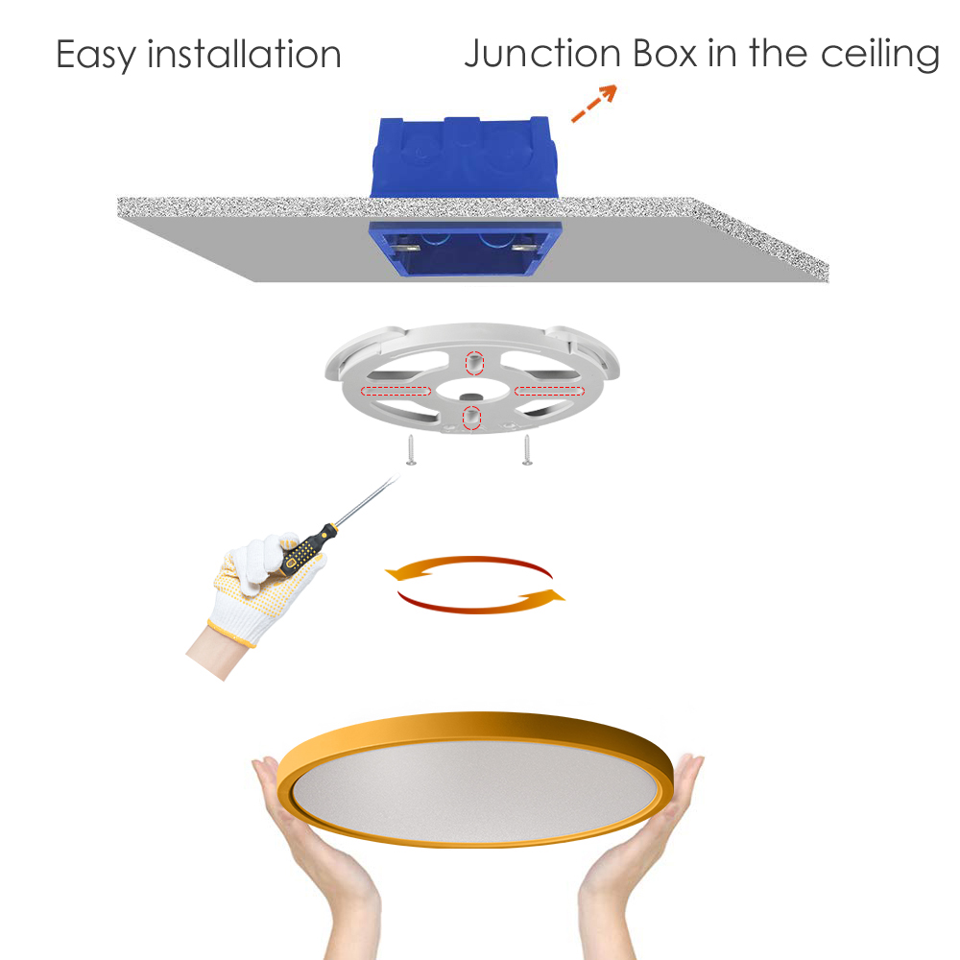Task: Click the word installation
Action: point(244,54)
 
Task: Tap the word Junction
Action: point(542,53)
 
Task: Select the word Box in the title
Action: point(665,53)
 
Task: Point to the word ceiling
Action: point(879,55)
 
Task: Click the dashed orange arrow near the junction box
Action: point(594,103)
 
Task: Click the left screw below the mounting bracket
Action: point(412,450)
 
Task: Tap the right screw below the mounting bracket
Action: point(527,450)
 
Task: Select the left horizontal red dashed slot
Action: point(396,392)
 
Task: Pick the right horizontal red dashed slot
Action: point(549,392)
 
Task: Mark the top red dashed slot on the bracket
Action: point(474,363)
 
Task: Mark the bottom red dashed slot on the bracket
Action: point(471,418)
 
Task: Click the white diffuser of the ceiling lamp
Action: point(474,789)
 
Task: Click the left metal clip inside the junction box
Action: point(406,249)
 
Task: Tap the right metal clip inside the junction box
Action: point(525,248)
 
